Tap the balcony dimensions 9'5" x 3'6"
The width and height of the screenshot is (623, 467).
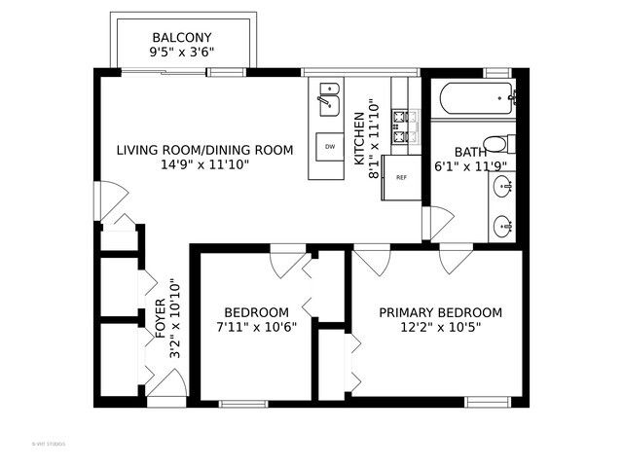click(183, 53)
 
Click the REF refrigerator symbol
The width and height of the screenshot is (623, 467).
click(400, 178)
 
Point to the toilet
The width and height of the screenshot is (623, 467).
click(497, 144)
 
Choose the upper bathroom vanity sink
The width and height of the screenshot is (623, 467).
click(502, 191)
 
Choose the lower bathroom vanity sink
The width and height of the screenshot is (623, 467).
click(502, 225)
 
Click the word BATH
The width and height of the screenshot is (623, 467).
click(470, 153)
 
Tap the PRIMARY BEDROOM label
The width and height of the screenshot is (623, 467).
click(440, 312)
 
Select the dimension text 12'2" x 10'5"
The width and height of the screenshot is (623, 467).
click(440, 328)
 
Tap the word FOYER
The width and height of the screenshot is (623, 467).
click(162, 321)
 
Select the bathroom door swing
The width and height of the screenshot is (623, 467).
click(438, 222)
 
